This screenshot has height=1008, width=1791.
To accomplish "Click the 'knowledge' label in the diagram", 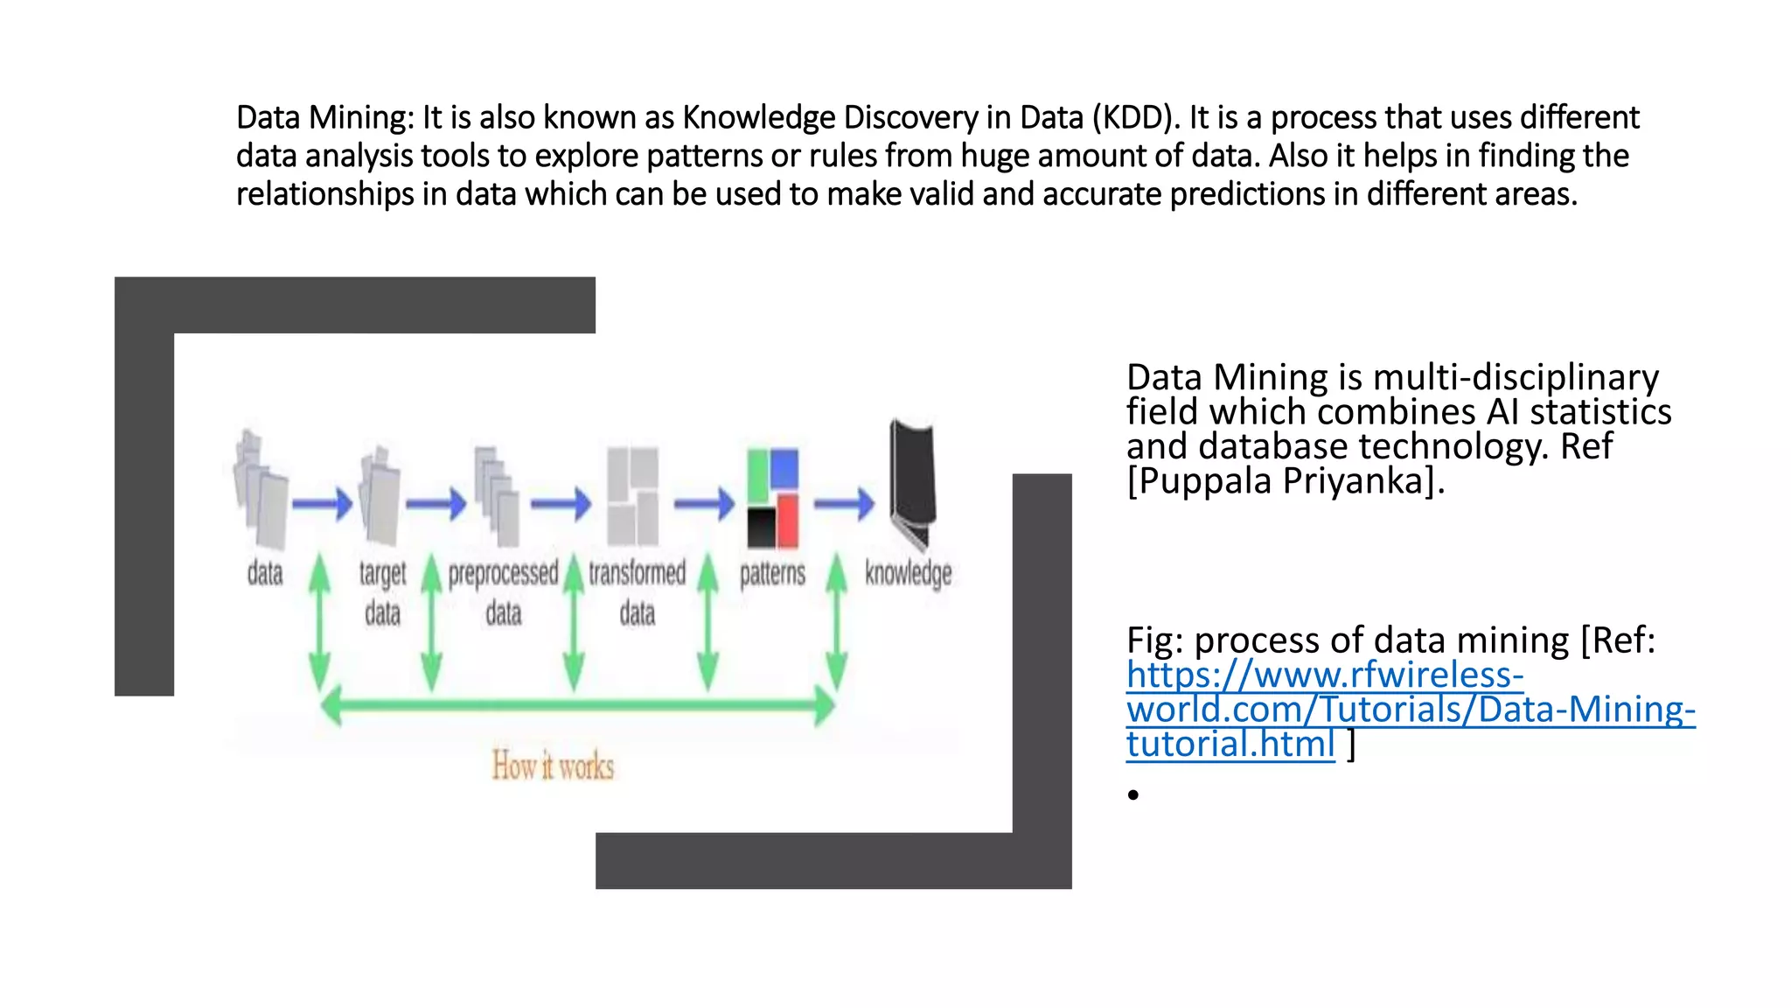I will click(x=908, y=573).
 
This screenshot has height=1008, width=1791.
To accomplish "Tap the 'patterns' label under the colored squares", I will click(x=772, y=573).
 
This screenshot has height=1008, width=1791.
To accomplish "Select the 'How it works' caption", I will click(x=553, y=766).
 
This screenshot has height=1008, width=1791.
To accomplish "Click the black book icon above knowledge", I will click(x=912, y=481).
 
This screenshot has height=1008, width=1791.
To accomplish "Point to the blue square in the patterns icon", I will click(x=784, y=468).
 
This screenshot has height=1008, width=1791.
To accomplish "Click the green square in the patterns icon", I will click(x=757, y=475).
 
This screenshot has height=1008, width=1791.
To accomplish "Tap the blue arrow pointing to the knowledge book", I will click(x=844, y=503).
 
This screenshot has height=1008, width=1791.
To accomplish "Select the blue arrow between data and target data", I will click(x=322, y=504).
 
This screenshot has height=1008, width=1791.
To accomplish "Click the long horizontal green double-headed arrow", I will click(x=577, y=704).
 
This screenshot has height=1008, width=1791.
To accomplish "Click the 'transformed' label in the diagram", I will click(x=637, y=573).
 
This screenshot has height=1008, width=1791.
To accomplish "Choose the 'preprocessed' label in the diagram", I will click(x=503, y=573).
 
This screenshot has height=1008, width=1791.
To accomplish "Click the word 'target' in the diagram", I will click(x=382, y=574).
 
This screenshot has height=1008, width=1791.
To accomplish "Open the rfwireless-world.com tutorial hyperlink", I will click(x=1410, y=709).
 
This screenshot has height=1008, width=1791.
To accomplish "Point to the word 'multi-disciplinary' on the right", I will click(x=1516, y=377).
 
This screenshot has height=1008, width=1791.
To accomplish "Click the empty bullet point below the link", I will click(x=1133, y=794).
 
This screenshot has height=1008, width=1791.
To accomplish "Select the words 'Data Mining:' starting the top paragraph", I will click(x=324, y=117).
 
